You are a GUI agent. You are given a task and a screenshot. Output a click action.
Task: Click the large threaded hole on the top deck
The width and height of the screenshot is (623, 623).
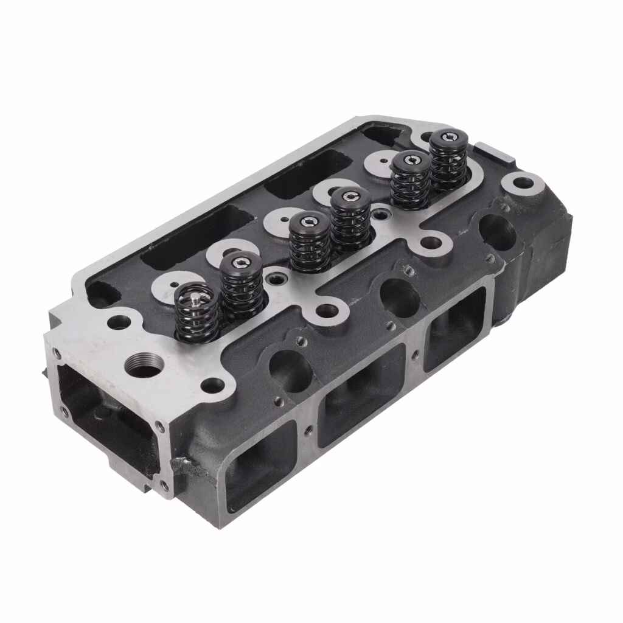point(145,365)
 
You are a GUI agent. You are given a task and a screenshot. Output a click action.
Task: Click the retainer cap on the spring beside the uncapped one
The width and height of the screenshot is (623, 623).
point(242,263)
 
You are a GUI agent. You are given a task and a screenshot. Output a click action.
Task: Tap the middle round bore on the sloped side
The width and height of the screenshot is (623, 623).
point(400,297)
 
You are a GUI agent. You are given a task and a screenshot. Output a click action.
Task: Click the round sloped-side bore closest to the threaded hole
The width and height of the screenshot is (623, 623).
point(290,369)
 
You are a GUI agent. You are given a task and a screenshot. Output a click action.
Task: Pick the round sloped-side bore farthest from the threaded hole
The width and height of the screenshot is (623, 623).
point(497,232)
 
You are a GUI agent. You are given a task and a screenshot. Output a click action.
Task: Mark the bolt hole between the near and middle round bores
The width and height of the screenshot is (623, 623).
point(327,310)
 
